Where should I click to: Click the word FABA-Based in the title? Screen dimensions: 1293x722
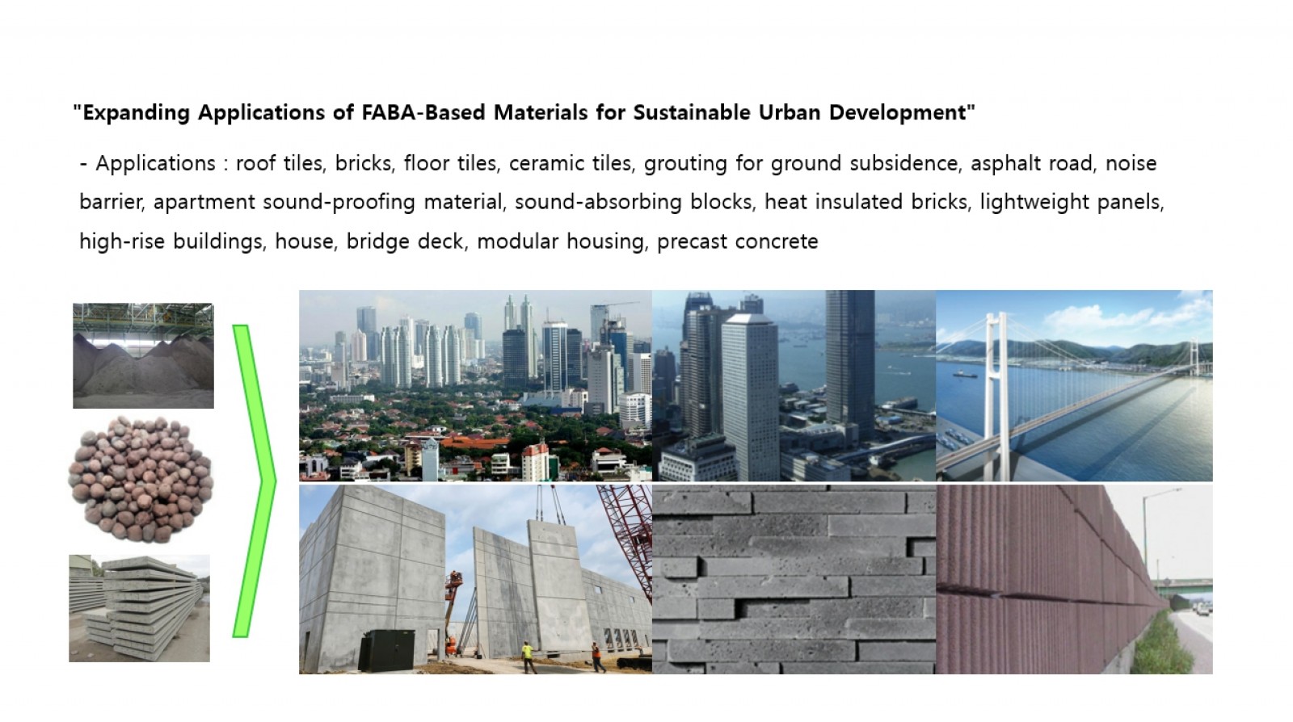click(423, 112)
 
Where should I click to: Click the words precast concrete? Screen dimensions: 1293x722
click(737, 241)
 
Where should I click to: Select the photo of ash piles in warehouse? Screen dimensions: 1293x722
click(143, 355)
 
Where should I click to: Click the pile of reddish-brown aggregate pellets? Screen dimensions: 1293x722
click(141, 480)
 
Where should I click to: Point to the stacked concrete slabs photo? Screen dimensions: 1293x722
click(139, 608)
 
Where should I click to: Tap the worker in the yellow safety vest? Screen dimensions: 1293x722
click(528, 657)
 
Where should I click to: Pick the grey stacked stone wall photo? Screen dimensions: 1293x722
click(794, 579)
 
